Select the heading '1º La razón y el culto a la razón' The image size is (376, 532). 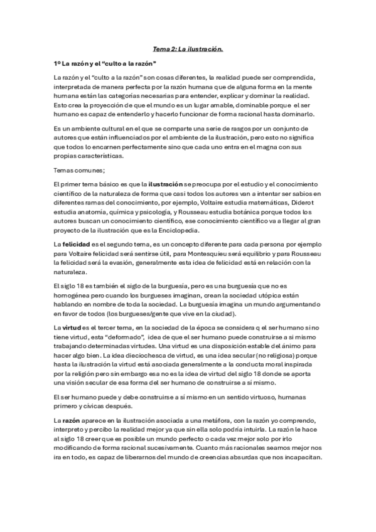click(x=105, y=64)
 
